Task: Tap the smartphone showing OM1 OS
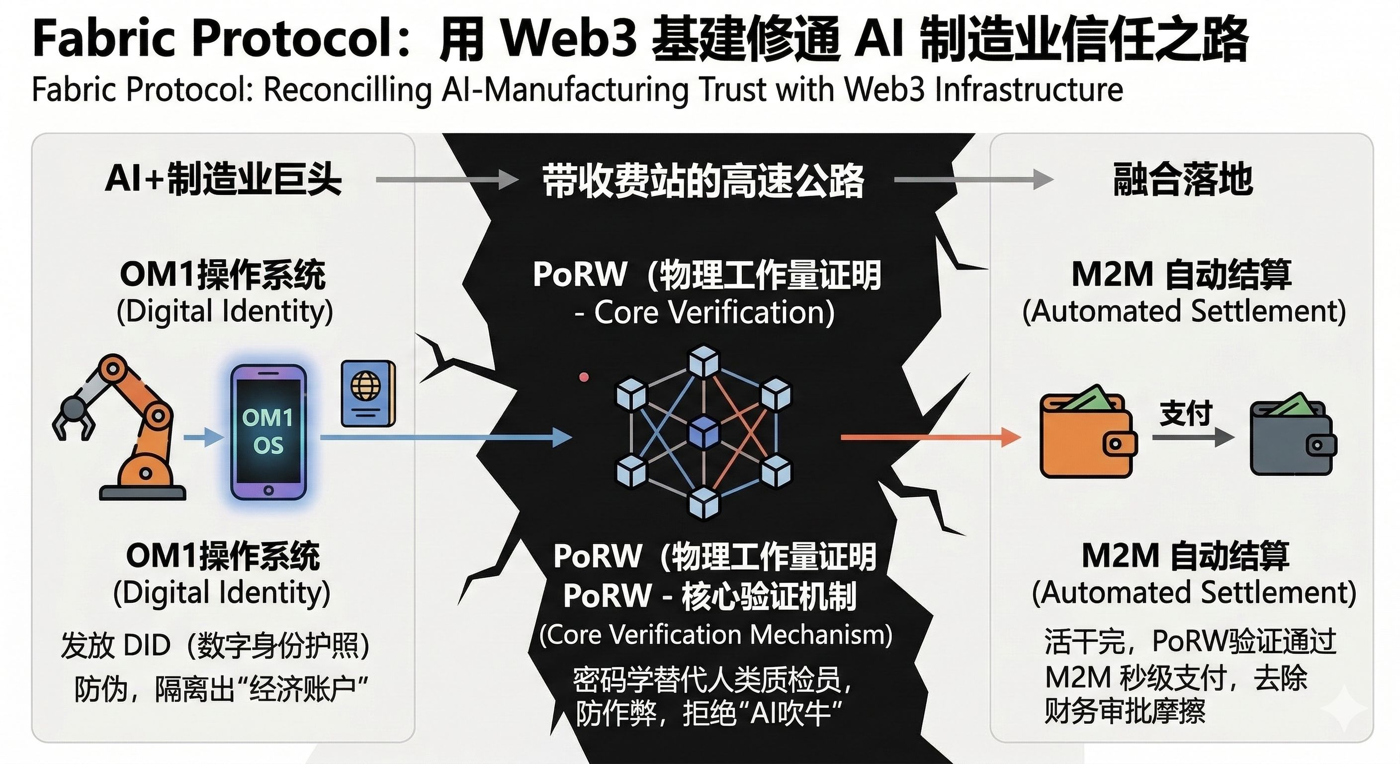[x=268, y=432]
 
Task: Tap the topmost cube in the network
[x=704, y=361]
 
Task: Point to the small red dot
[x=584, y=377]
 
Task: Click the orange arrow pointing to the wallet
[x=929, y=437]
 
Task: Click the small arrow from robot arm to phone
[x=203, y=437]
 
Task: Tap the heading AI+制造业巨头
[x=223, y=179]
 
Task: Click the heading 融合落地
[x=1183, y=179]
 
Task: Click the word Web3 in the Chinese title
[x=568, y=39]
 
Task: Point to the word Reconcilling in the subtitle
[x=348, y=90]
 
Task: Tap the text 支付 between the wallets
[x=1186, y=413]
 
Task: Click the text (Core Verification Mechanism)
[x=716, y=635]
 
